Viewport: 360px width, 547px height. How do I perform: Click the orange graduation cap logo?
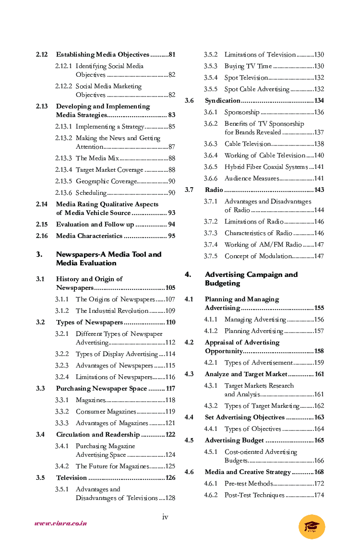[x=312, y=526]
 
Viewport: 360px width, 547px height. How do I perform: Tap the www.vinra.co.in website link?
[x=60, y=523]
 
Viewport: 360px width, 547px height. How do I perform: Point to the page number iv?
[x=165, y=517]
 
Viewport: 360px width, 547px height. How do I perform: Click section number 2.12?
[x=42, y=55]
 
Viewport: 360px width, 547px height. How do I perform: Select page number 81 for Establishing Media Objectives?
[x=171, y=55]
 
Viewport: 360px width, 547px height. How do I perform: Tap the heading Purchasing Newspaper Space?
[x=101, y=389]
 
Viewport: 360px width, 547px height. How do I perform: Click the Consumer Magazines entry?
[x=106, y=412]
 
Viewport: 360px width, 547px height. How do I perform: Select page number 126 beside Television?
[x=170, y=478]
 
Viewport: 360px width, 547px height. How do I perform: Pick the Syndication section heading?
[x=222, y=101]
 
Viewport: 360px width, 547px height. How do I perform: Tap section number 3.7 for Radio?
[x=189, y=190]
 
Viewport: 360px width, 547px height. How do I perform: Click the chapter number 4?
[x=188, y=275]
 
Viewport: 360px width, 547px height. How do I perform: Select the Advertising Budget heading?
[x=234, y=440]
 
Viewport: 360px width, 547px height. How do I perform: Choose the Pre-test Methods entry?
[x=248, y=484]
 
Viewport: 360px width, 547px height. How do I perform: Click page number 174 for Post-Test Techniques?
[x=319, y=495]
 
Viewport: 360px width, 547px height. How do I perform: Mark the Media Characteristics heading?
[x=89, y=236]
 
